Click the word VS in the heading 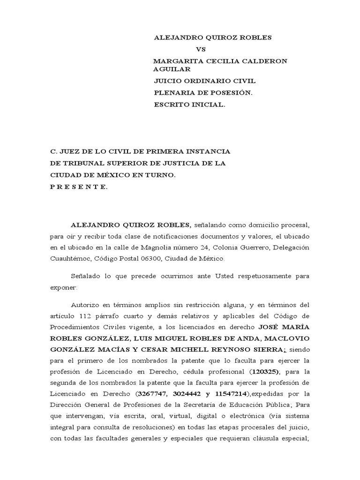[201, 49]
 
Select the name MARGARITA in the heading [174, 61]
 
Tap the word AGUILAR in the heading [172, 69]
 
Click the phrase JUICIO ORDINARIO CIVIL [204, 81]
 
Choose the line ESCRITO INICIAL [189, 105]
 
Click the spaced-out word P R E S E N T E [79, 187]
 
